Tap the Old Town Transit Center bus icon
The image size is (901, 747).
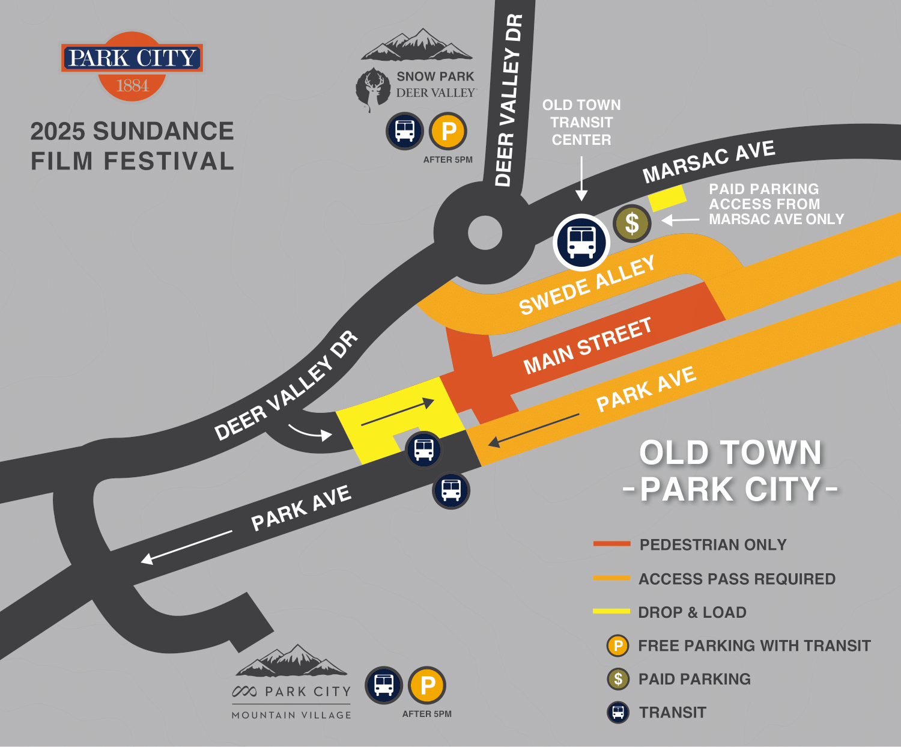581,242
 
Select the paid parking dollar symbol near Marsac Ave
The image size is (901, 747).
631,224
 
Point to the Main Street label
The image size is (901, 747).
587,346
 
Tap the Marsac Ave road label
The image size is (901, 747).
709,161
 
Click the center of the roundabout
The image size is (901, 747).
485,233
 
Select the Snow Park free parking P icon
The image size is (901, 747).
448,131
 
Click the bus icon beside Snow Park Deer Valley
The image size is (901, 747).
405,131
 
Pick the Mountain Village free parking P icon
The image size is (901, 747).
427,685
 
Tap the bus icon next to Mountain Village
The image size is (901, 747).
384,685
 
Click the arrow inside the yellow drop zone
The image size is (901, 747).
398,412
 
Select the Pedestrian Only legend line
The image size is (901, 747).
611,544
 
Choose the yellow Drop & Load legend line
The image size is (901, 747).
611,611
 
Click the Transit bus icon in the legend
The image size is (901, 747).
618,713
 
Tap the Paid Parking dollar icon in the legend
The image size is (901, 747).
618,679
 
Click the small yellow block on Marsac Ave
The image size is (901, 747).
667,198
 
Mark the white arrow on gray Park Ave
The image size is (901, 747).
186,547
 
